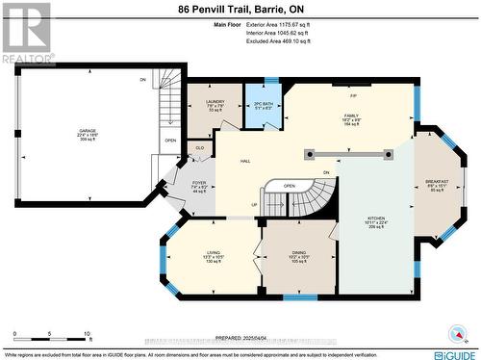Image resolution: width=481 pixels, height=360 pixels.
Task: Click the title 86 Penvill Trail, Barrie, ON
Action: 240,9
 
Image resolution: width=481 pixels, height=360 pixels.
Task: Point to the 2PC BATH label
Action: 262,103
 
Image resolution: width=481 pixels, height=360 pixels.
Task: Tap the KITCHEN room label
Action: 375,219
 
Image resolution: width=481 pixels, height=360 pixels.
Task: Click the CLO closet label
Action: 199,147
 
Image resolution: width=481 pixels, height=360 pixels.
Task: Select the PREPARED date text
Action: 240,338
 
